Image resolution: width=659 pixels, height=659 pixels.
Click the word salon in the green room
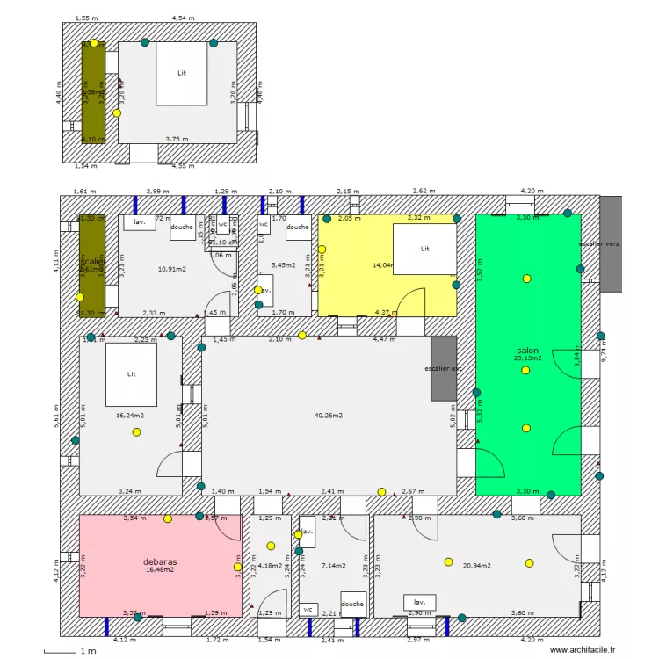click(x=527, y=350)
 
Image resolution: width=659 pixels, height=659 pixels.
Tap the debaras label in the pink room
click(x=161, y=561)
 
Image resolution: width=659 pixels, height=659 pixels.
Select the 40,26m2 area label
click(x=328, y=416)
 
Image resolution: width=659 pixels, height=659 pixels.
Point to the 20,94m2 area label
click(x=476, y=566)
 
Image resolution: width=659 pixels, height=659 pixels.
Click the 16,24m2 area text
click(x=130, y=416)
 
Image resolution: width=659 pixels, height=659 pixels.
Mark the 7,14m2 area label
click(x=335, y=566)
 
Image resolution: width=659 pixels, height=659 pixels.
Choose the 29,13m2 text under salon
click(x=527, y=358)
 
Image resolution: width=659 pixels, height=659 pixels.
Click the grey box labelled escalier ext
click(x=444, y=369)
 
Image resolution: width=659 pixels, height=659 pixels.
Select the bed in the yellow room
click(x=424, y=249)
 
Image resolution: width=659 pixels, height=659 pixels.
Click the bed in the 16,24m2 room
click(x=131, y=374)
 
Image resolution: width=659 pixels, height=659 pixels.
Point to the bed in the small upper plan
click(x=182, y=73)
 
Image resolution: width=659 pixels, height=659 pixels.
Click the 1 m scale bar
click(x=59, y=650)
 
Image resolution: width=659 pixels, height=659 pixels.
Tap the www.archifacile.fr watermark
click(x=583, y=649)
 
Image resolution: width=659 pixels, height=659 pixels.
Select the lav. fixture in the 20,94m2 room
click(x=419, y=603)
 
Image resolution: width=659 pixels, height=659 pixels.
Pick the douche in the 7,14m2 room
click(x=352, y=604)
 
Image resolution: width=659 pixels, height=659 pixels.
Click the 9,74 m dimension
click(x=602, y=358)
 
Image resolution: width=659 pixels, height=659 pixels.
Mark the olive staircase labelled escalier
click(x=92, y=265)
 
